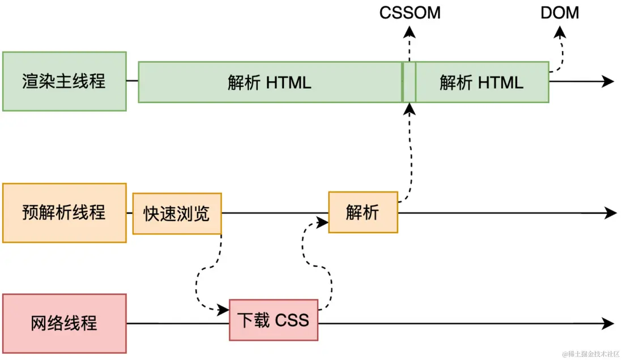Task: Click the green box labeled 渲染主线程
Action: pos(64,81)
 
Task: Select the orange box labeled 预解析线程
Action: pos(64,213)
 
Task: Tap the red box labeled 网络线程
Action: pos(64,323)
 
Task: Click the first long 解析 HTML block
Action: pos(270,82)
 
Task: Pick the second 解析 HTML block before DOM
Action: pos(482,82)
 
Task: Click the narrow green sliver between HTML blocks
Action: pos(409,82)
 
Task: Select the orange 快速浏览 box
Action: pos(177,214)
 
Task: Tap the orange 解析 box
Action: pos(363,213)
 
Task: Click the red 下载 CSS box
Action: pos(274,320)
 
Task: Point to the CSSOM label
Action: pos(410,12)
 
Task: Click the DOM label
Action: pos(560,12)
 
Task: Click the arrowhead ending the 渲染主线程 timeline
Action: pos(608,81)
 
